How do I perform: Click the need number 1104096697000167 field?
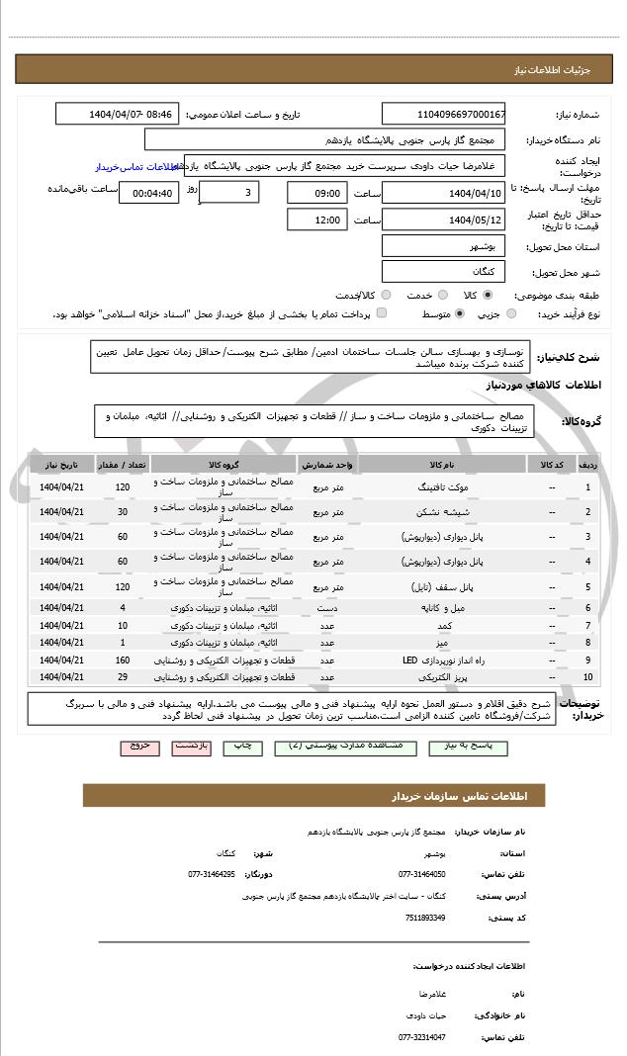click(x=444, y=114)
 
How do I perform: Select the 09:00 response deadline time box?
click(x=317, y=192)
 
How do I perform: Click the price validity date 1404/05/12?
click(x=444, y=220)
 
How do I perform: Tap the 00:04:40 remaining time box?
click(x=148, y=193)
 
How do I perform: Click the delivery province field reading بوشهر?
click(x=444, y=246)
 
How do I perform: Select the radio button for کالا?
click(x=488, y=295)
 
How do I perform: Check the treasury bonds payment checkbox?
click(x=382, y=313)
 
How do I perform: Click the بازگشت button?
click(x=192, y=748)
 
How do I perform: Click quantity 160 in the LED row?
click(x=123, y=660)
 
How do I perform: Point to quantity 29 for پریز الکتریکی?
click(x=123, y=677)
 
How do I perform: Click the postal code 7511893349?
click(x=426, y=918)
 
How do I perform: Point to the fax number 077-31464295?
click(x=212, y=874)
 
